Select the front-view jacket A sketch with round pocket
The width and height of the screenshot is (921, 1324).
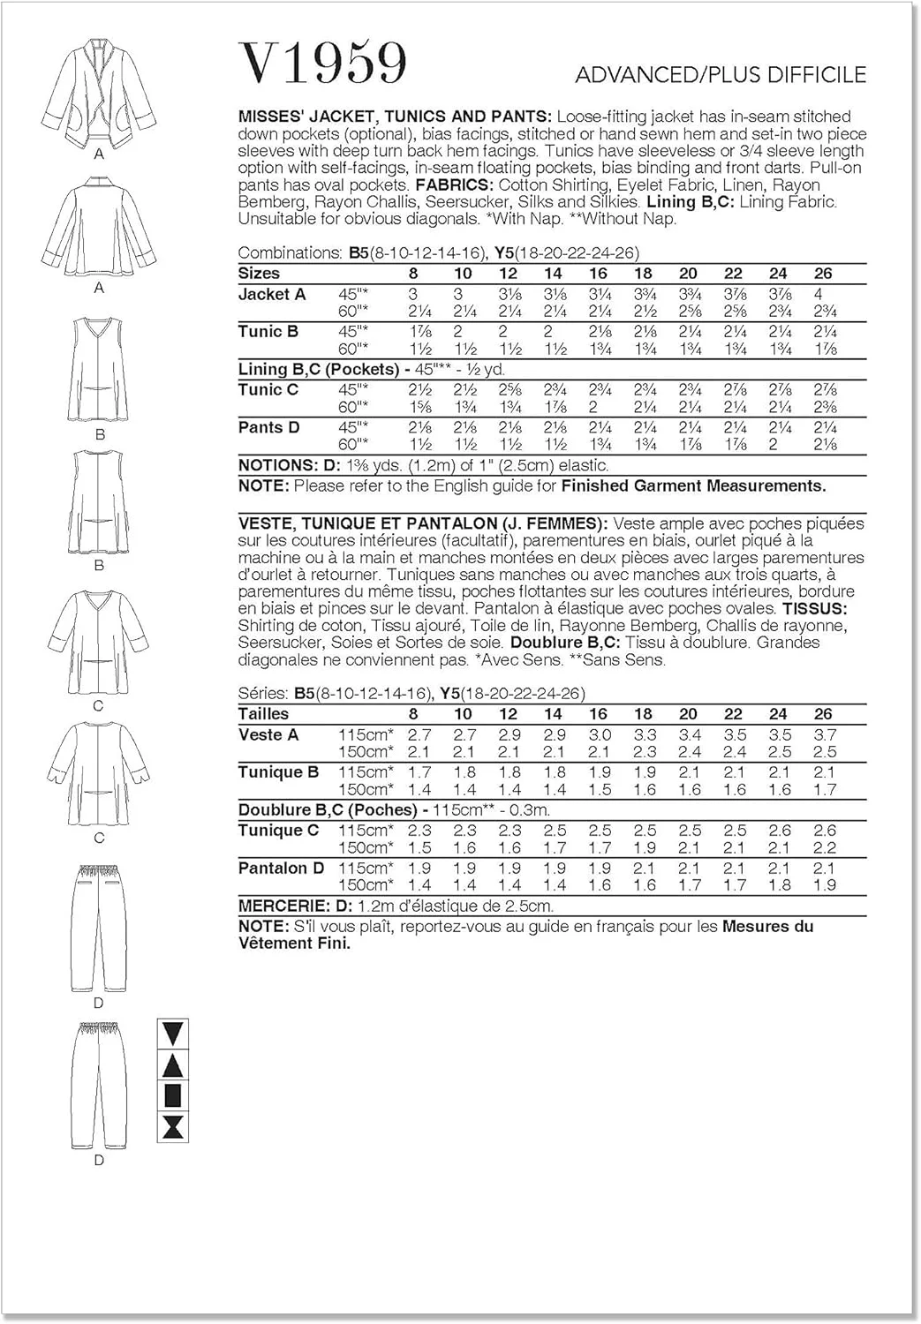98,94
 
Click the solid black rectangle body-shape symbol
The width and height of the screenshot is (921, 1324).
173,1095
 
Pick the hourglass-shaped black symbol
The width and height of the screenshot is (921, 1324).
173,1126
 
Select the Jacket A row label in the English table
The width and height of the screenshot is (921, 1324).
272,295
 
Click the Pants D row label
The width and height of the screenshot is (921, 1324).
268,428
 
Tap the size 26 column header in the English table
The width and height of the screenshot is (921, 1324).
822,274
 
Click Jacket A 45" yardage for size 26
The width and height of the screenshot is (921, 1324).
822,295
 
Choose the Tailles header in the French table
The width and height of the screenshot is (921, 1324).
263,714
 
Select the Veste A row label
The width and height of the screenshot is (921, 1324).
268,735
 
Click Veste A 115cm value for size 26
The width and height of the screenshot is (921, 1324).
824,735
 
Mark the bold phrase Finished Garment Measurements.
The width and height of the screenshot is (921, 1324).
693,485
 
